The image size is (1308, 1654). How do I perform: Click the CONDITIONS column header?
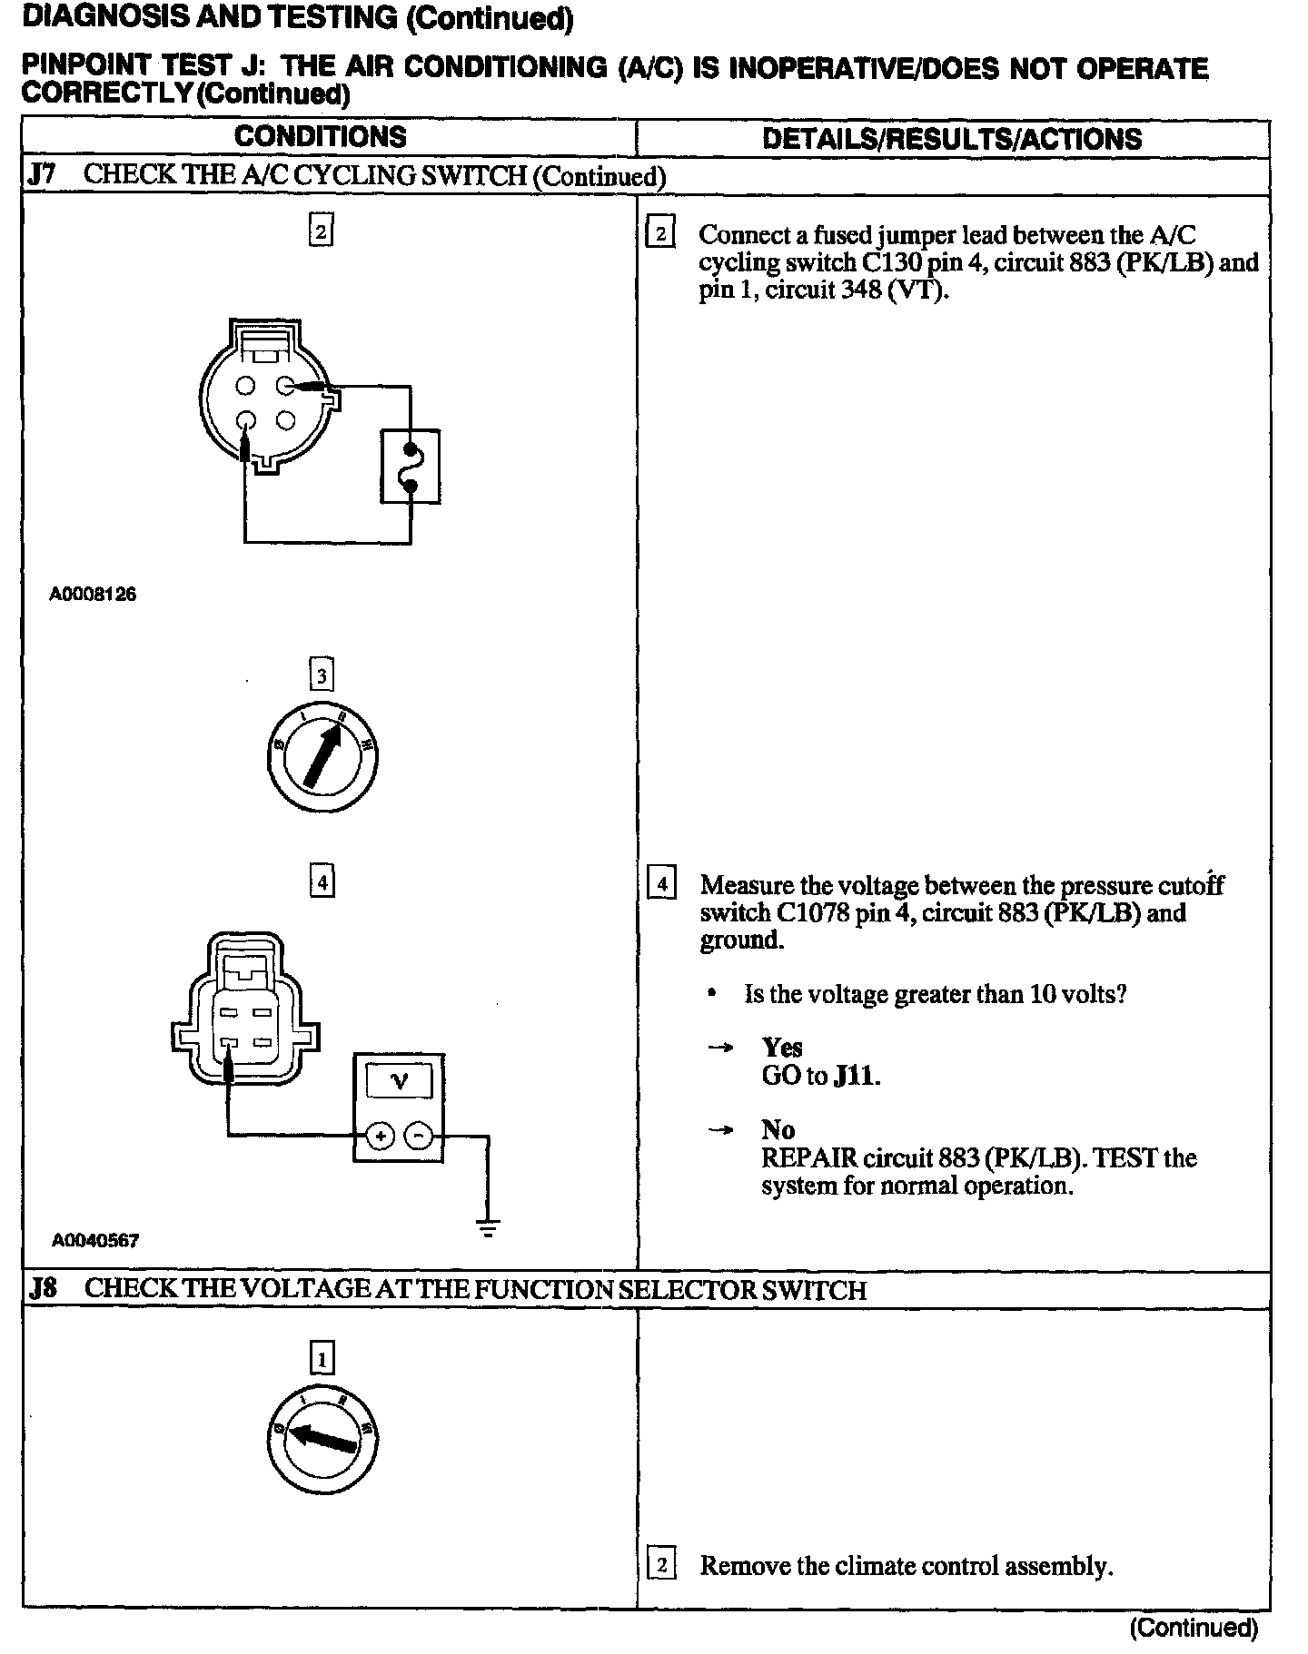(320, 137)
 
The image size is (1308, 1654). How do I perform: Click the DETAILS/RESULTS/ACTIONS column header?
(952, 139)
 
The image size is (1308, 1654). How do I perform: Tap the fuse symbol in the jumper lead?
(411, 467)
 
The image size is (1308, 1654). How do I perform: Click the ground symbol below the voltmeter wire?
(489, 1230)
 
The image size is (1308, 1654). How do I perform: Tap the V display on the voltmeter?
(398, 1080)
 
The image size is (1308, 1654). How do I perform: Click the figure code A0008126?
(94, 596)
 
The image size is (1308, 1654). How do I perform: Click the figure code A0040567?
(95, 1240)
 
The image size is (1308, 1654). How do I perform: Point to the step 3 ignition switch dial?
(322, 756)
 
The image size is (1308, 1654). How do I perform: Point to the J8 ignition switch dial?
(322, 1441)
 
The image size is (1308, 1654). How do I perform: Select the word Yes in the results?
(782, 1049)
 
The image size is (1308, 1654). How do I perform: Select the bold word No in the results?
(778, 1130)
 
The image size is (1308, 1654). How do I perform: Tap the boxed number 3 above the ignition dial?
(322, 675)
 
